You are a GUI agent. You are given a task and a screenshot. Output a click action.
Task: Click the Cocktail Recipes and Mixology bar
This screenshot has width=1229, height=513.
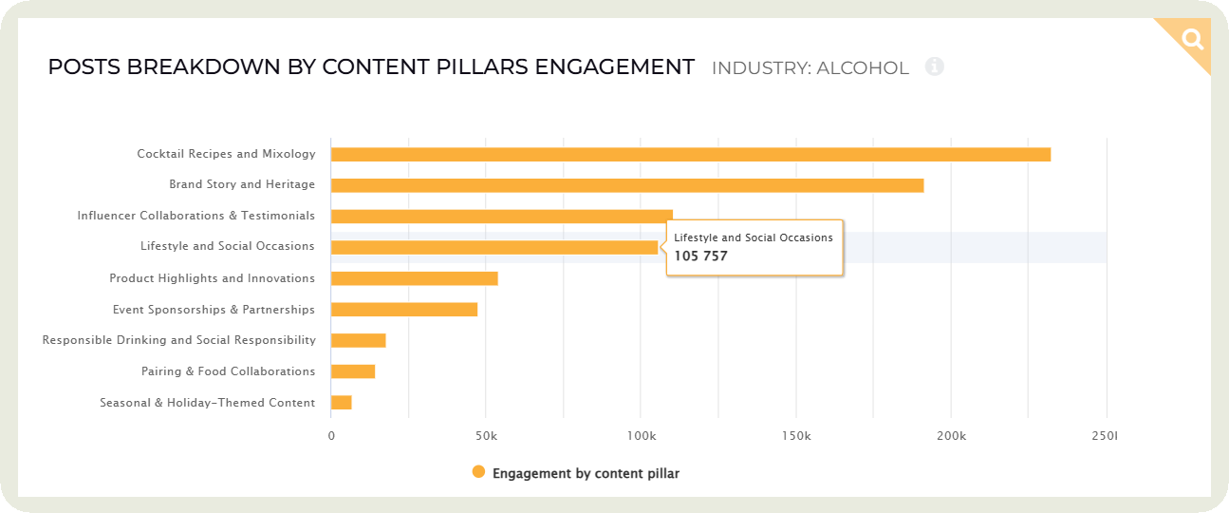[690, 154]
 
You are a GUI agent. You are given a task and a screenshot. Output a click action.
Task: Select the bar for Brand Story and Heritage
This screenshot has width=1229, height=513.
[626, 185]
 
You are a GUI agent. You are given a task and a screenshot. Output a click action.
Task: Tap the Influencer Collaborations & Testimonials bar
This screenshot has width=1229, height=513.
[501, 217]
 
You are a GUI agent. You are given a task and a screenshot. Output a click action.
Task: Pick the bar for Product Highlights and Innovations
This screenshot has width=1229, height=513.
[414, 278]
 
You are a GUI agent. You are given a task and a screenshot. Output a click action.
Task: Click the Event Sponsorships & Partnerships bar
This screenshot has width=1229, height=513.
[403, 310]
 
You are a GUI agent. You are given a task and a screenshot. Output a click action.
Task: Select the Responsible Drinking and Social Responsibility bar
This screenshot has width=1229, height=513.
[358, 340]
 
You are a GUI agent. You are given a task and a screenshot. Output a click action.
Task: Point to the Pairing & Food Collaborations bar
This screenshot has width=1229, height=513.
[352, 371]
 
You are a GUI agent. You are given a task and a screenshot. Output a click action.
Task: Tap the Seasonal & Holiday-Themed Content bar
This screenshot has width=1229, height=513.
[341, 403]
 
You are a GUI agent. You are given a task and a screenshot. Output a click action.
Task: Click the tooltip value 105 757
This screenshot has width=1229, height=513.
[700, 256]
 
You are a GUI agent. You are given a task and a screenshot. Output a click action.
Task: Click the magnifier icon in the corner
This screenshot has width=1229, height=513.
[1192, 39]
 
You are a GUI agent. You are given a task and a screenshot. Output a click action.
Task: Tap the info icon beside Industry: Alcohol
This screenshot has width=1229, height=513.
[934, 66]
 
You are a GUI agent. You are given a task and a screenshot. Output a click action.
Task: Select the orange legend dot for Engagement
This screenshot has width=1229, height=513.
[478, 472]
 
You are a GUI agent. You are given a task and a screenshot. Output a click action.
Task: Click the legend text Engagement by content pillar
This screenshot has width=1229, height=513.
[586, 473]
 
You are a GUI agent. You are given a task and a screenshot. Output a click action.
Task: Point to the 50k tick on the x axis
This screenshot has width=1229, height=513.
[485, 435]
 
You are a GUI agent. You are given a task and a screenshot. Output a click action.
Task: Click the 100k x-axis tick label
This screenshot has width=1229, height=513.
[641, 435]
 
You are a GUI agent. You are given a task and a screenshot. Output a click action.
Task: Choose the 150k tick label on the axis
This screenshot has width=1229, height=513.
[795, 435]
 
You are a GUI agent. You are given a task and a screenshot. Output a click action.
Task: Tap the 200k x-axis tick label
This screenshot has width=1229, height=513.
[951, 435]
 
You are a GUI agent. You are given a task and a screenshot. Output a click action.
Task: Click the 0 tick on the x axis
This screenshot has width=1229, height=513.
[331, 435]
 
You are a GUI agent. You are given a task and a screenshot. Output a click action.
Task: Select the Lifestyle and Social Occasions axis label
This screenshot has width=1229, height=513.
[227, 246]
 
